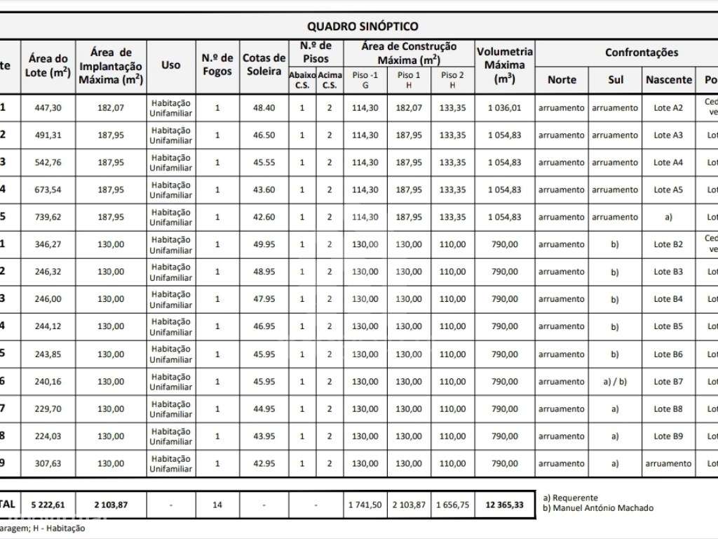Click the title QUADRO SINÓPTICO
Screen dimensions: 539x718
363,27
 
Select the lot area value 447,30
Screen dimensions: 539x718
48,108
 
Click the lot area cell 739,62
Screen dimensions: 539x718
48,218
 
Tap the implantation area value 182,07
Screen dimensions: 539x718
111,108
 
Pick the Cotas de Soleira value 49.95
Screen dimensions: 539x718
264,245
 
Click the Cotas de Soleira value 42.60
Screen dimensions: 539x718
264,218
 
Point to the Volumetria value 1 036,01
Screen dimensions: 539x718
505,108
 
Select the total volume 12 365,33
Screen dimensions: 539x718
505,505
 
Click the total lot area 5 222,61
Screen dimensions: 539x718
48,505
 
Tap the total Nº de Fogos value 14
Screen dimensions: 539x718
217,505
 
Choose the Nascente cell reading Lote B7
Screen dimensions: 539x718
668,382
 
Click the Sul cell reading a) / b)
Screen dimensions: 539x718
615,382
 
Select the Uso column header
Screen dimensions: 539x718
171,65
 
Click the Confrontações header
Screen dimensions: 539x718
641,53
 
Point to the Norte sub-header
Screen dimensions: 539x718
562,80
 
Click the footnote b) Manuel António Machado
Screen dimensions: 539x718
598,508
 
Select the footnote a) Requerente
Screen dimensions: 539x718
571,498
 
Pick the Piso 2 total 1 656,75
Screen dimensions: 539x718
452,505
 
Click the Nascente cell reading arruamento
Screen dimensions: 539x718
668,464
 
